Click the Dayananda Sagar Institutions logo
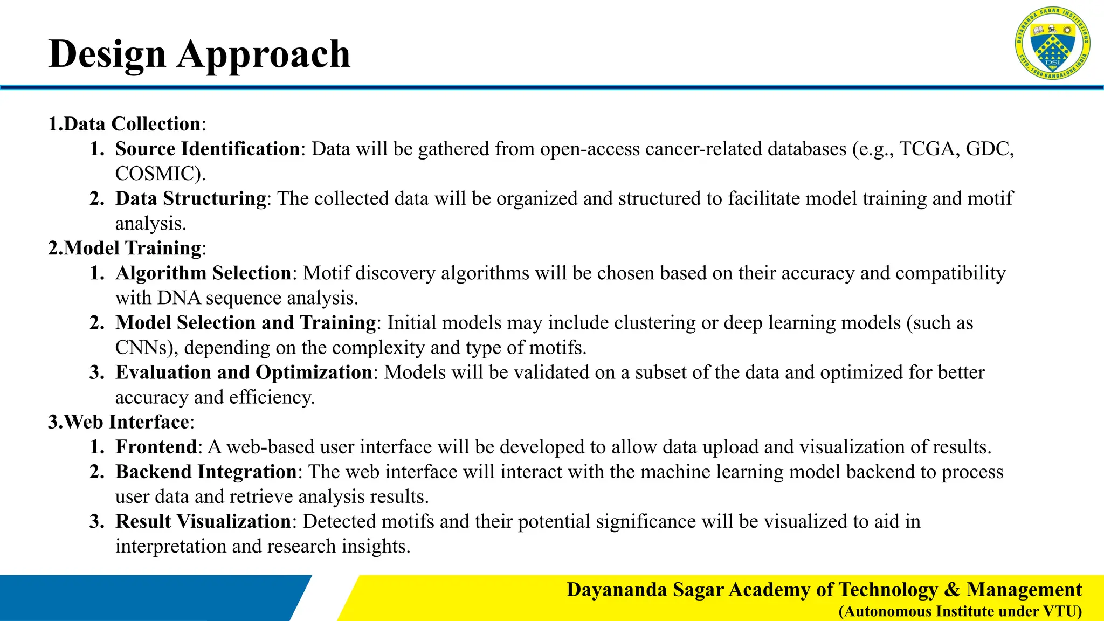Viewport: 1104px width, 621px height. (x=1052, y=43)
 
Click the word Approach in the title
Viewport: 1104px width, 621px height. (x=264, y=54)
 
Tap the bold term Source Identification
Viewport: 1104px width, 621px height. (x=208, y=149)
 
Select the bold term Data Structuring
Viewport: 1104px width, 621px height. (x=191, y=198)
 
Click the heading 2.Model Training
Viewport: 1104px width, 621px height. (x=125, y=248)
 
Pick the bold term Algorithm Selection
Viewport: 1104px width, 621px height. (x=203, y=273)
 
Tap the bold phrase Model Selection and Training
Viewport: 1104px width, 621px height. (x=245, y=322)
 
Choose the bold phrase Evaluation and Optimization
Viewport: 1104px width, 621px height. (x=244, y=372)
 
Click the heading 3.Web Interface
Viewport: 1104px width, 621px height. (x=119, y=422)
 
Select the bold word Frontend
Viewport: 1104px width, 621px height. (x=156, y=446)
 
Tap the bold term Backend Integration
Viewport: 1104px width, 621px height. (x=206, y=472)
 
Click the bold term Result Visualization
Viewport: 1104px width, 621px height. (x=203, y=521)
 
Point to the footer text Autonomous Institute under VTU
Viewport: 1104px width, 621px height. (x=960, y=611)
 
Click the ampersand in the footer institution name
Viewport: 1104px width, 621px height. (x=953, y=589)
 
